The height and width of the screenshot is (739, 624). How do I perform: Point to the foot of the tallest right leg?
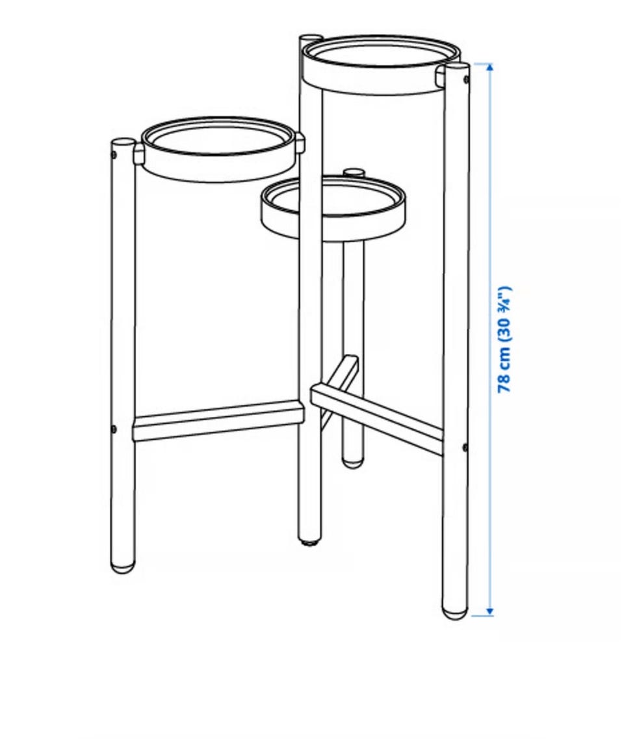tap(455, 611)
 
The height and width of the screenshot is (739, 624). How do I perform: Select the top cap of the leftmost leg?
tap(122, 141)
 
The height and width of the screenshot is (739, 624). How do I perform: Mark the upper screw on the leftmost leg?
tap(114, 155)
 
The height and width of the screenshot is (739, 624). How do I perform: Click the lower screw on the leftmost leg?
tap(114, 429)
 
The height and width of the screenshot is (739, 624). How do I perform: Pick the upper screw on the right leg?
tap(466, 79)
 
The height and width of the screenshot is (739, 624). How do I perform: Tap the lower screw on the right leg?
tap(465, 448)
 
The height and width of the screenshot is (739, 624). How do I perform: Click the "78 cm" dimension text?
tap(504, 371)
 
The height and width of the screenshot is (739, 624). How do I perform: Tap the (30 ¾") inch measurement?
tap(504, 314)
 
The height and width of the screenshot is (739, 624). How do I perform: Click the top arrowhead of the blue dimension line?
tap(489, 67)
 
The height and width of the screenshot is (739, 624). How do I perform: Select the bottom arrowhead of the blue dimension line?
tap(489, 611)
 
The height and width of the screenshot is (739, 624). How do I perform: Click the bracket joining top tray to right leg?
tap(440, 76)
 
